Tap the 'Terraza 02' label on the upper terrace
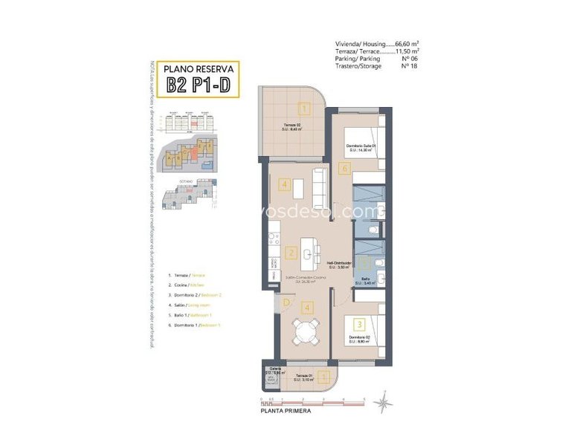(x=293, y=126)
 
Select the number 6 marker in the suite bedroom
(x=343, y=168)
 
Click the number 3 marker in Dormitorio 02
(x=358, y=324)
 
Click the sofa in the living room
(x=320, y=189)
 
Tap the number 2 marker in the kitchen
(x=291, y=253)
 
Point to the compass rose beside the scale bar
(x=383, y=403)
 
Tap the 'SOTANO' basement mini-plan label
(x=186, y=181)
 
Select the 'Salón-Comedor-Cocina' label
(x=304, y=279)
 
